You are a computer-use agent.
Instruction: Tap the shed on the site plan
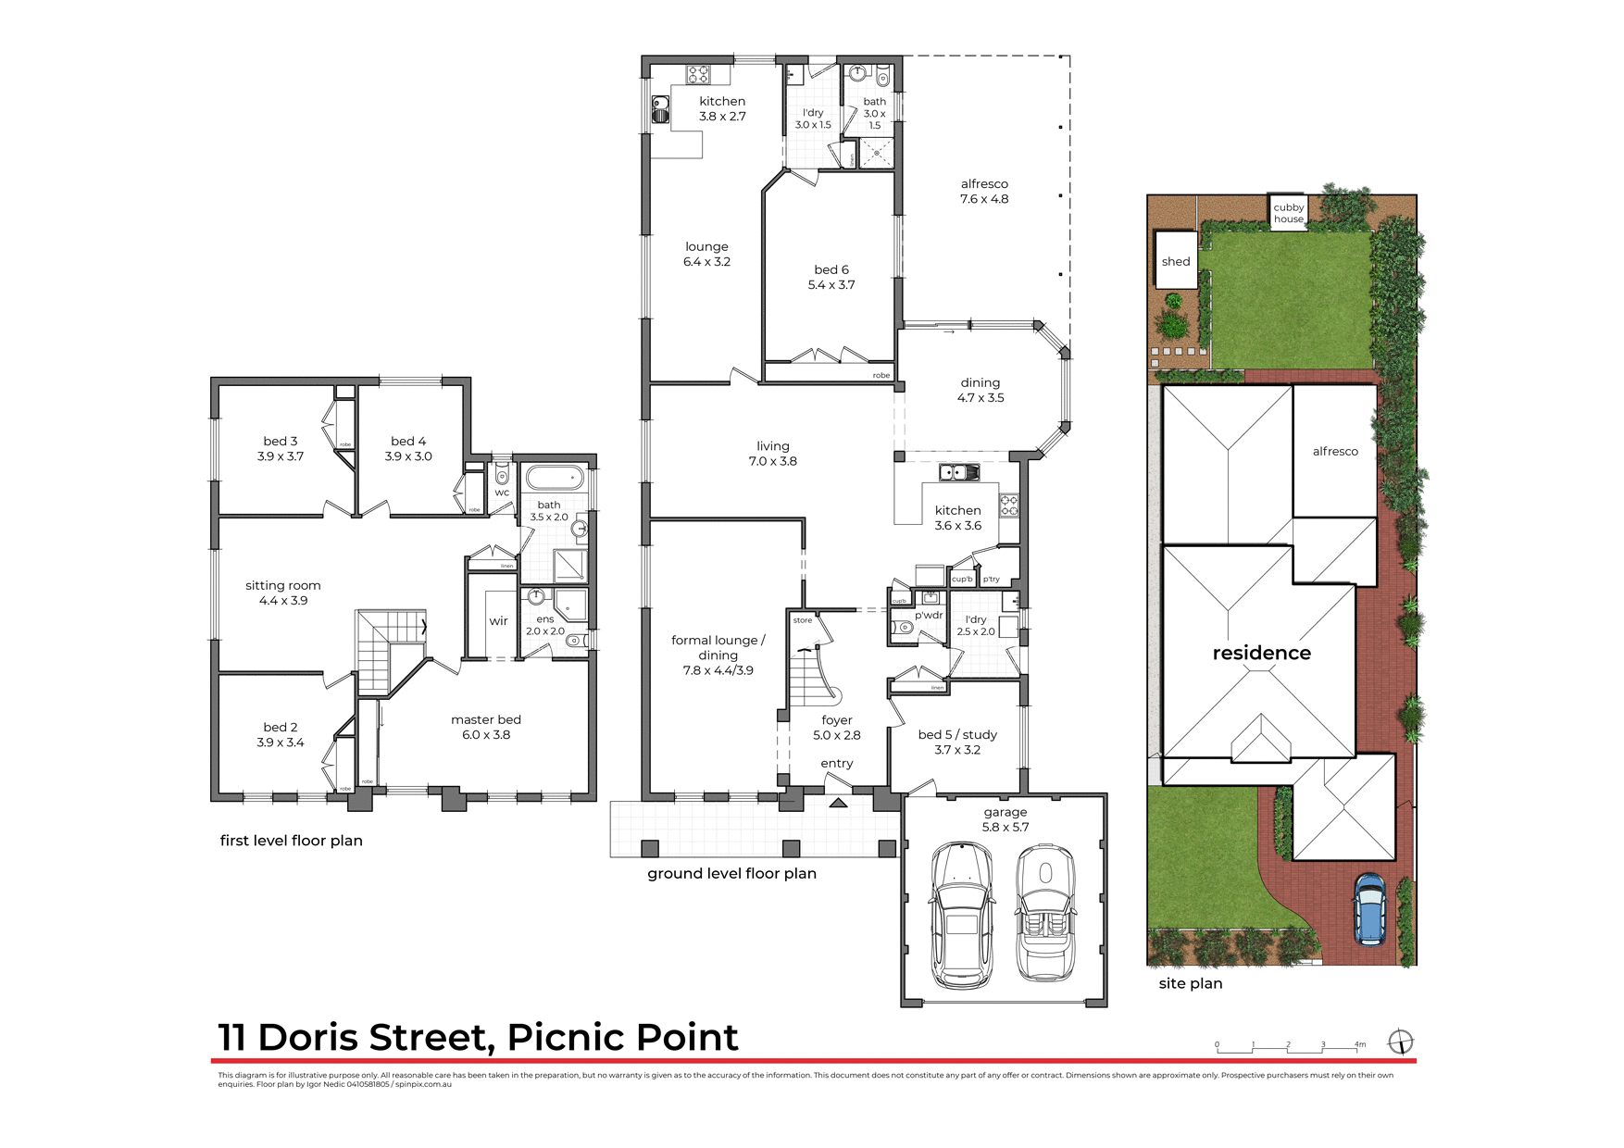click(1176, 261)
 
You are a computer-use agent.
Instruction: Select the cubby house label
click(1288, 213)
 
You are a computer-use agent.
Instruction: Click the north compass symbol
click(1401, 1042)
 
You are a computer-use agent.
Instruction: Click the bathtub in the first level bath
click(554, 479)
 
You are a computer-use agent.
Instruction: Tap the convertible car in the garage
click(1046, 912)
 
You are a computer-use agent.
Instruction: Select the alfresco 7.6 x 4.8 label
click(984, 192)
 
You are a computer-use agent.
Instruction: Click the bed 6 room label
click(831, 277)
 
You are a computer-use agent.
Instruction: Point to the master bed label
click(486, 727)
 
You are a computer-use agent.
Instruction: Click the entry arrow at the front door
click(838, 803)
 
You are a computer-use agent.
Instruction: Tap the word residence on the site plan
click(1261, 653)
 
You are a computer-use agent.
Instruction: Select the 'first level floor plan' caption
click(291, 841)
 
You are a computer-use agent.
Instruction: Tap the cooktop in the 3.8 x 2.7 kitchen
click(697, 73)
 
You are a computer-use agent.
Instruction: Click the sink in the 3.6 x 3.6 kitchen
click(958, 473)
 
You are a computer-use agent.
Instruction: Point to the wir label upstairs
click(498, 621)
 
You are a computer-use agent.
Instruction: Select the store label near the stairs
click(803, 620)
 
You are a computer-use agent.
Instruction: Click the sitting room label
click(283, 593)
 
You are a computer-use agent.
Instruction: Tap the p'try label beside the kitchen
click(992, 580)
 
